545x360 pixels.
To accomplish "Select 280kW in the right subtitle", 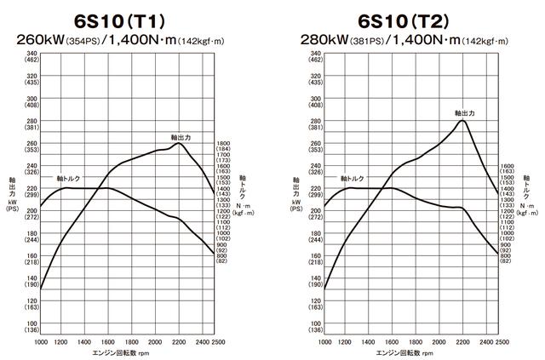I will coord(321,39).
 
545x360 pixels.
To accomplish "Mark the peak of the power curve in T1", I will coord(178,143).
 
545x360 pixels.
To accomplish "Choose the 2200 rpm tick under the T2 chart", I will coord(462,341).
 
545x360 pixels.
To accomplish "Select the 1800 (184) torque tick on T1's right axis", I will coord(225,147).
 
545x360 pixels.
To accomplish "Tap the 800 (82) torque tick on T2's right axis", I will coord(507,258).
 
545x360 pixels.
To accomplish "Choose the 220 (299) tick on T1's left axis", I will coord(31,191).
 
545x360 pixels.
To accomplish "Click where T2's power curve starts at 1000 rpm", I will coord(324,289).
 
